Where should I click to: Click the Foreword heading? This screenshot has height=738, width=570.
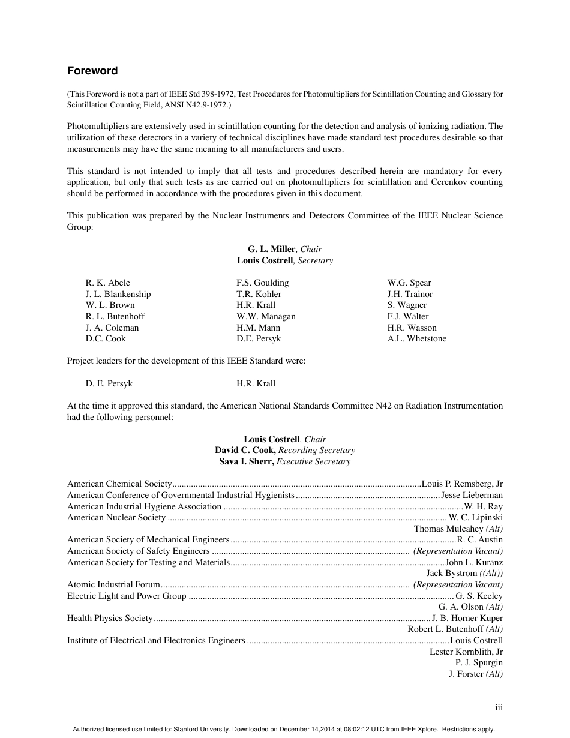tap(92, 71)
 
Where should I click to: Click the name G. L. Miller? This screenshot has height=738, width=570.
tap(271, 249)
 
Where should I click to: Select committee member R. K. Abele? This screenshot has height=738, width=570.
tap(107, 283)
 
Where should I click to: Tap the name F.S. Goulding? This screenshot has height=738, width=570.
tap(262, 283)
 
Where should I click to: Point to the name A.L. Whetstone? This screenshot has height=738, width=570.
tap(416, 338)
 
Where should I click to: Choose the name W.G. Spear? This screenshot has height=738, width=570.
tap(409, 283)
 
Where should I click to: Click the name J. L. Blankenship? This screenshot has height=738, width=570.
tap(118, 294)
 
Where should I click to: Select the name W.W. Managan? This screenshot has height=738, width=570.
tap(266, 316)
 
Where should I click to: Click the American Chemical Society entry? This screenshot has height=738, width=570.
tap(119, 484)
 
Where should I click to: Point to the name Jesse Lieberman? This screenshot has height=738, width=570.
tap(472, 495)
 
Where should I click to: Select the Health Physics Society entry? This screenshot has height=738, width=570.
tap(110, 618)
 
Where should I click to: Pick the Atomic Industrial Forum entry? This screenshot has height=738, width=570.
tap(113, 584)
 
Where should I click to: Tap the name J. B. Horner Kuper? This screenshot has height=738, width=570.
tap(467, 618)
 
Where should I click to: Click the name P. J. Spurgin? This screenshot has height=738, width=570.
tap(479, 662)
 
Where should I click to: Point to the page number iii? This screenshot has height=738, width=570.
tap(499, 708)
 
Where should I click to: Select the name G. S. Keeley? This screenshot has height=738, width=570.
tap(479, 596)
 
